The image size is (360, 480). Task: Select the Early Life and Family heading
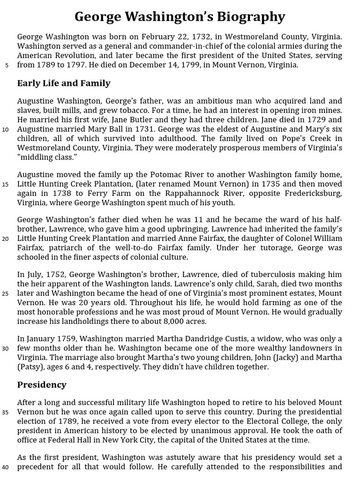64,83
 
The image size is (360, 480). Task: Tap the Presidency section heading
42,385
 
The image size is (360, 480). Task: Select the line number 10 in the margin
5,130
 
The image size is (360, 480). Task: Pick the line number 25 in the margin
5,294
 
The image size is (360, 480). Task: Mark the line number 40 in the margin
5,467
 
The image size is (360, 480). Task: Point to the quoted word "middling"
37,157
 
